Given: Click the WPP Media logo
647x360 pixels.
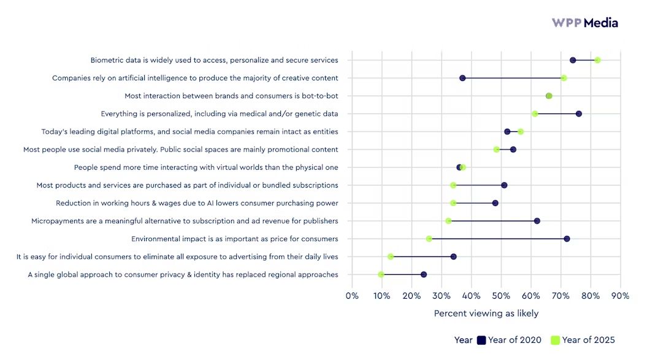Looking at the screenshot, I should tap(584, 23).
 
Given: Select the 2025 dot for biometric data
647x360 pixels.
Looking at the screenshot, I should tap(597, 60).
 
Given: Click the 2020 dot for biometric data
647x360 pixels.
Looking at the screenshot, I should tap(573, 60).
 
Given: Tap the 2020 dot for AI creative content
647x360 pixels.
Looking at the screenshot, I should tap(462, 78).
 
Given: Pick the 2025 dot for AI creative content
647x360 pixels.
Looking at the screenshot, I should tap(564, 78).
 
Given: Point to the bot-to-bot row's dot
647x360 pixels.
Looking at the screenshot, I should tap(549, 96).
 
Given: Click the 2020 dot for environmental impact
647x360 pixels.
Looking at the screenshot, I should tap(567, 239).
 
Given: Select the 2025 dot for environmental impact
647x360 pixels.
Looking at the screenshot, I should tap(429, 239).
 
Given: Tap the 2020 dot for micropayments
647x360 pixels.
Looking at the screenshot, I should tap(537, 221).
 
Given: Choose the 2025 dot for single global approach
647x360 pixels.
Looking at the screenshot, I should tap(381, 275).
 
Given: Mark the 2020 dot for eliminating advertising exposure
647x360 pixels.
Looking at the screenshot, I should tap(453, 256).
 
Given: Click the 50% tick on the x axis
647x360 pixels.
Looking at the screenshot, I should tap(501, 295).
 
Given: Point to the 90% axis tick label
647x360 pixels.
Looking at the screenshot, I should tap(620, 295).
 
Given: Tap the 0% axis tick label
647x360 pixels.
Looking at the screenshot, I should tap(352, 295).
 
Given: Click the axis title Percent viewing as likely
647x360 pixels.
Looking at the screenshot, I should tap(486, 313).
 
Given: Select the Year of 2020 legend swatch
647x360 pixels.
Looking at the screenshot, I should tap(481, 340).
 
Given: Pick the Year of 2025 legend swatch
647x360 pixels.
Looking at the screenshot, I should tap(555, 340).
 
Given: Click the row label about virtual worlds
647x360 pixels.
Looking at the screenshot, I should tap(206, 167).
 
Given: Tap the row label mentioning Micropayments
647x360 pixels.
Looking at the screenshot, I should tap(185, 221).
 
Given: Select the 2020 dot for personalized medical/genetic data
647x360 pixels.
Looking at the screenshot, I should tap(579, 113).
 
